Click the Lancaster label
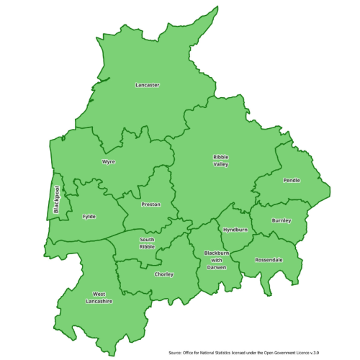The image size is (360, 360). [x=148, y=85]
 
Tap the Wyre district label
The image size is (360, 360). [x=109, y=162]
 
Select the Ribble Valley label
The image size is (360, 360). [x=220, y=161]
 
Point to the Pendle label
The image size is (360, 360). [x=292, y=180]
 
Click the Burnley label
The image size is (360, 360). [x=282, y=220]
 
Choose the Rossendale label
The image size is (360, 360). [x=269, y=259]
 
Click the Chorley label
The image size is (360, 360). [x=164, y=274]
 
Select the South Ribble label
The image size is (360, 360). [x=147, y=243]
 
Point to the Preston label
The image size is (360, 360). [x=150, y=204]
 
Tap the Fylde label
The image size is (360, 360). [x=89, y=216]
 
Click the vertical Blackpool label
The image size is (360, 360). [x=56, y=200]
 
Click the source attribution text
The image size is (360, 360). [x=253, y=353]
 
